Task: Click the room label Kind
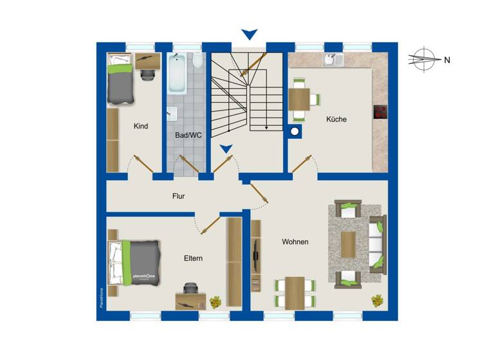[140, 126]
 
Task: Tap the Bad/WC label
[188, 136]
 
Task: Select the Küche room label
[336, 119]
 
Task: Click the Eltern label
[193, 258]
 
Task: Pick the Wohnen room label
[295, 242]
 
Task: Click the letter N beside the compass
[447, 60]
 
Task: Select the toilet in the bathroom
[197, 61]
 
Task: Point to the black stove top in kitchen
[380, 111]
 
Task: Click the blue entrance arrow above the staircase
[249, 33]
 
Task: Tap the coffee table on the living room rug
[348, 244]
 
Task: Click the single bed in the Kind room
[120, 80]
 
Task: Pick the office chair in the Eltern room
[190, 291]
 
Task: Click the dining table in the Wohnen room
[295, 292]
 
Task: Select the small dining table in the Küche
[299, 99]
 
